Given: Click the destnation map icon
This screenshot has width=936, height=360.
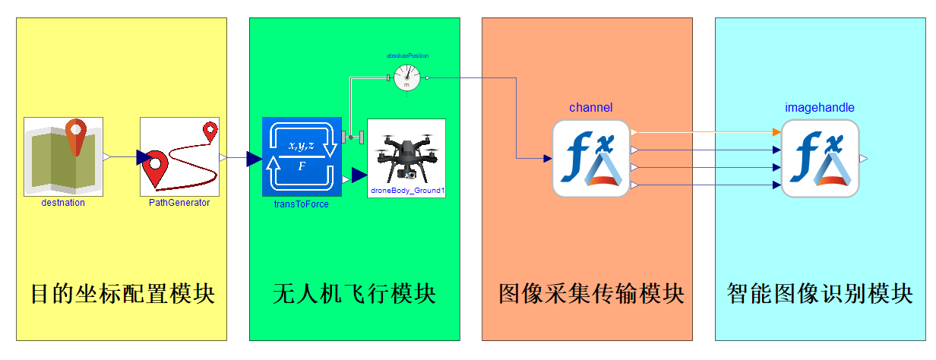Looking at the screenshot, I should coord(64,156).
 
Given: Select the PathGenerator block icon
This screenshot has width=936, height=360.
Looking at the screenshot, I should coord(179,156).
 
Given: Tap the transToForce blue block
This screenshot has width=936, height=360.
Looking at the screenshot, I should coord(301,157).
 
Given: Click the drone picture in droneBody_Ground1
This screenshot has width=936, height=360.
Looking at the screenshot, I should coord(406,153).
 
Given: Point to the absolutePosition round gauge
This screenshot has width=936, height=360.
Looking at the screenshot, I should coord(407,77).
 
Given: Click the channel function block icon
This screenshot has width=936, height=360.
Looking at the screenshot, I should coord(590,158).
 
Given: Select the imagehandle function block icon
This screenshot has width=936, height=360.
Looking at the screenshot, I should coord(820,158).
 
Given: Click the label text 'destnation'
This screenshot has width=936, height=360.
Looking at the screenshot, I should coord(64,203).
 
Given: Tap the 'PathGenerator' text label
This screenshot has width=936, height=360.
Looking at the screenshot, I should coord(179,203).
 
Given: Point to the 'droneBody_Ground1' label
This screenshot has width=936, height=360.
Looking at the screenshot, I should coord(406,190).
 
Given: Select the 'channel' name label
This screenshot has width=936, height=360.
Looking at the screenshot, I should coord(590,108).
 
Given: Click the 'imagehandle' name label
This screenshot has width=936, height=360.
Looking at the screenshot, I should coord(820,108).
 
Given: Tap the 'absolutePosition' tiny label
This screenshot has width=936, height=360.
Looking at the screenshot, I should coord(407,55).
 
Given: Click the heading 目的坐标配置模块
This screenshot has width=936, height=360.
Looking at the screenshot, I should coord(122,294).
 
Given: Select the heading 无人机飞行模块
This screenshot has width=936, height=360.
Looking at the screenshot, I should coord(354,294).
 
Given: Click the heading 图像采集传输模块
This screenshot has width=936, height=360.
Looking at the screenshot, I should coord(587,294).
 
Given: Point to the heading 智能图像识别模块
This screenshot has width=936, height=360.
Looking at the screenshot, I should coord(820,294).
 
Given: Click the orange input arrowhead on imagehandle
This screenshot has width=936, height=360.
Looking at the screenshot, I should coord(776,132).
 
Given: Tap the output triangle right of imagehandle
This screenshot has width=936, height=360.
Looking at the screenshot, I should coord(864,158).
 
